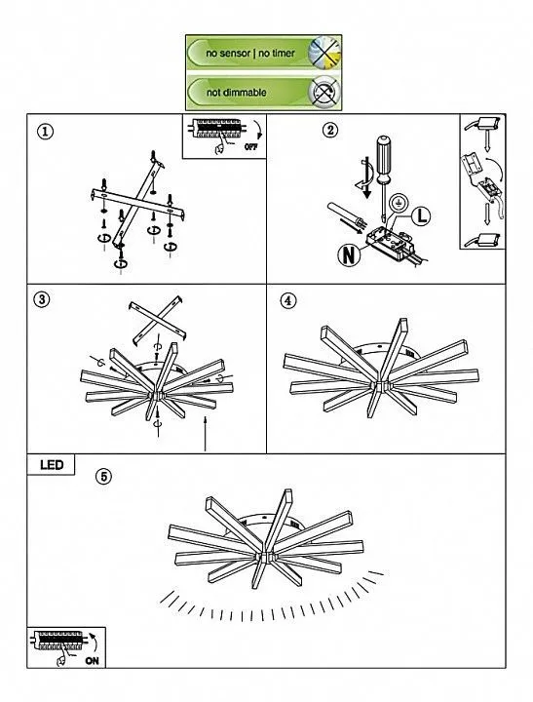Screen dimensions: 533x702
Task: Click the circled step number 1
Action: (x=45, y=132)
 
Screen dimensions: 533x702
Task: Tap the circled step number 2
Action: (x=330, y=131)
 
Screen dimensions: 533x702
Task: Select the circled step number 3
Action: (x=42, y=299)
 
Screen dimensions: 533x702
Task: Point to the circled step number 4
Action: (x=288, y=300)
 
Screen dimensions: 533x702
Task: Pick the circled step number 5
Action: (x=104, y=477)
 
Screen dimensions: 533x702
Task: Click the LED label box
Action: (x=51, y=465)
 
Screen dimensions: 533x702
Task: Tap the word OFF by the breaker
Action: (x=251, y=146)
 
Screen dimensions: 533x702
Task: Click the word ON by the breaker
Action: (x=92, y=660)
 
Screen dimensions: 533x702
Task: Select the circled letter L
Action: (x=421, y=215)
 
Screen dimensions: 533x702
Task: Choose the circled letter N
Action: (x=349, y=254)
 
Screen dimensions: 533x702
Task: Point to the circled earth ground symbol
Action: (x=396, y=203)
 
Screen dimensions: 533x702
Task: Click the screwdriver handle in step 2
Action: (x=383, y=158)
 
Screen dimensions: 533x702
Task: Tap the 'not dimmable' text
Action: (x=236, y=93)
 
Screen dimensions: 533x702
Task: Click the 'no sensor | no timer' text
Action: (x=250, y=53)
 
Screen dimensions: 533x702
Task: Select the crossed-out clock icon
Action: (x=324, y=53)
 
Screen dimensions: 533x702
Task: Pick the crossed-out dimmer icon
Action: (x=324, y=93)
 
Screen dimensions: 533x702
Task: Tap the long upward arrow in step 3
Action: (x=205, y=433)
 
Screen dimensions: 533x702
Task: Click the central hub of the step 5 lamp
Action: (x=265, y=557)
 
